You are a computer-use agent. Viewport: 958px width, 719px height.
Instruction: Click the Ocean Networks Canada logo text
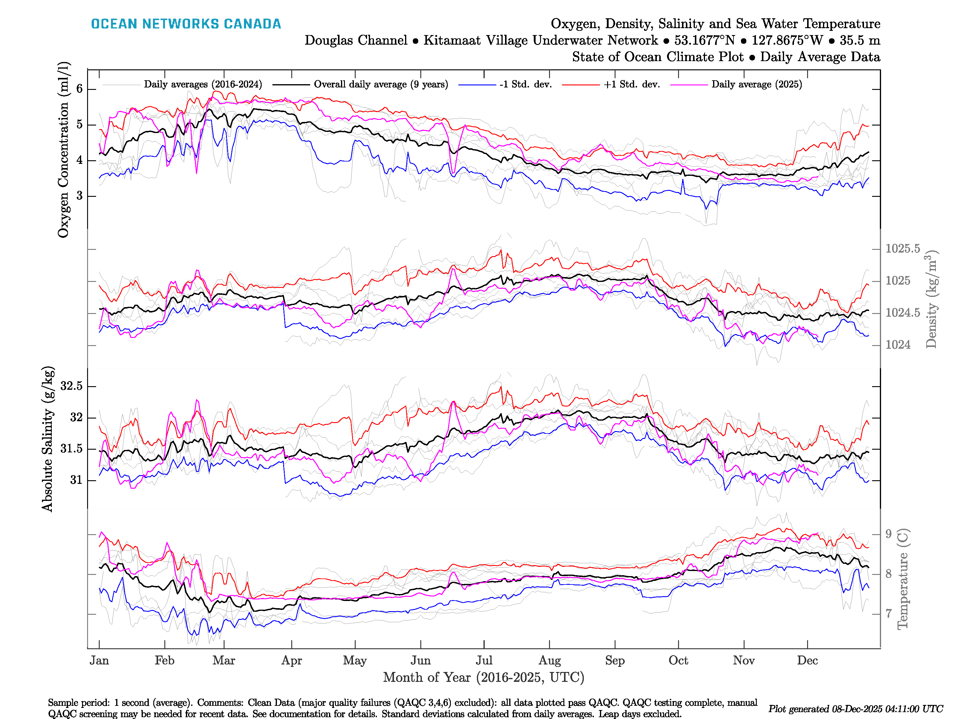[x=186, y=24]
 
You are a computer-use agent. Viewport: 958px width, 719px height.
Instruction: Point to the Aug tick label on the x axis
[x=550, y=661]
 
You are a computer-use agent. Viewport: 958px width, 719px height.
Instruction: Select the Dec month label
[x=807, y=661]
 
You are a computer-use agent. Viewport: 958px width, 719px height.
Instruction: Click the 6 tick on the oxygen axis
[x=79, y=89]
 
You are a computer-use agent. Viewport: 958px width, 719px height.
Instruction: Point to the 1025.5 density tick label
[x=903, y=249]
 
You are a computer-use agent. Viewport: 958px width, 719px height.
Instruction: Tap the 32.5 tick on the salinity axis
[x=72, y=386]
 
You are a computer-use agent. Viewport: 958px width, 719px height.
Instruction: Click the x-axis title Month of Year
[x=483, y=677]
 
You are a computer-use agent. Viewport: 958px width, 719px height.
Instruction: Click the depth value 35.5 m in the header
[x=860, y=40]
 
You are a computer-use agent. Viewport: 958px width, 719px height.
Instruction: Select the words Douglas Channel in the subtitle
[x=356, y=40]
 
